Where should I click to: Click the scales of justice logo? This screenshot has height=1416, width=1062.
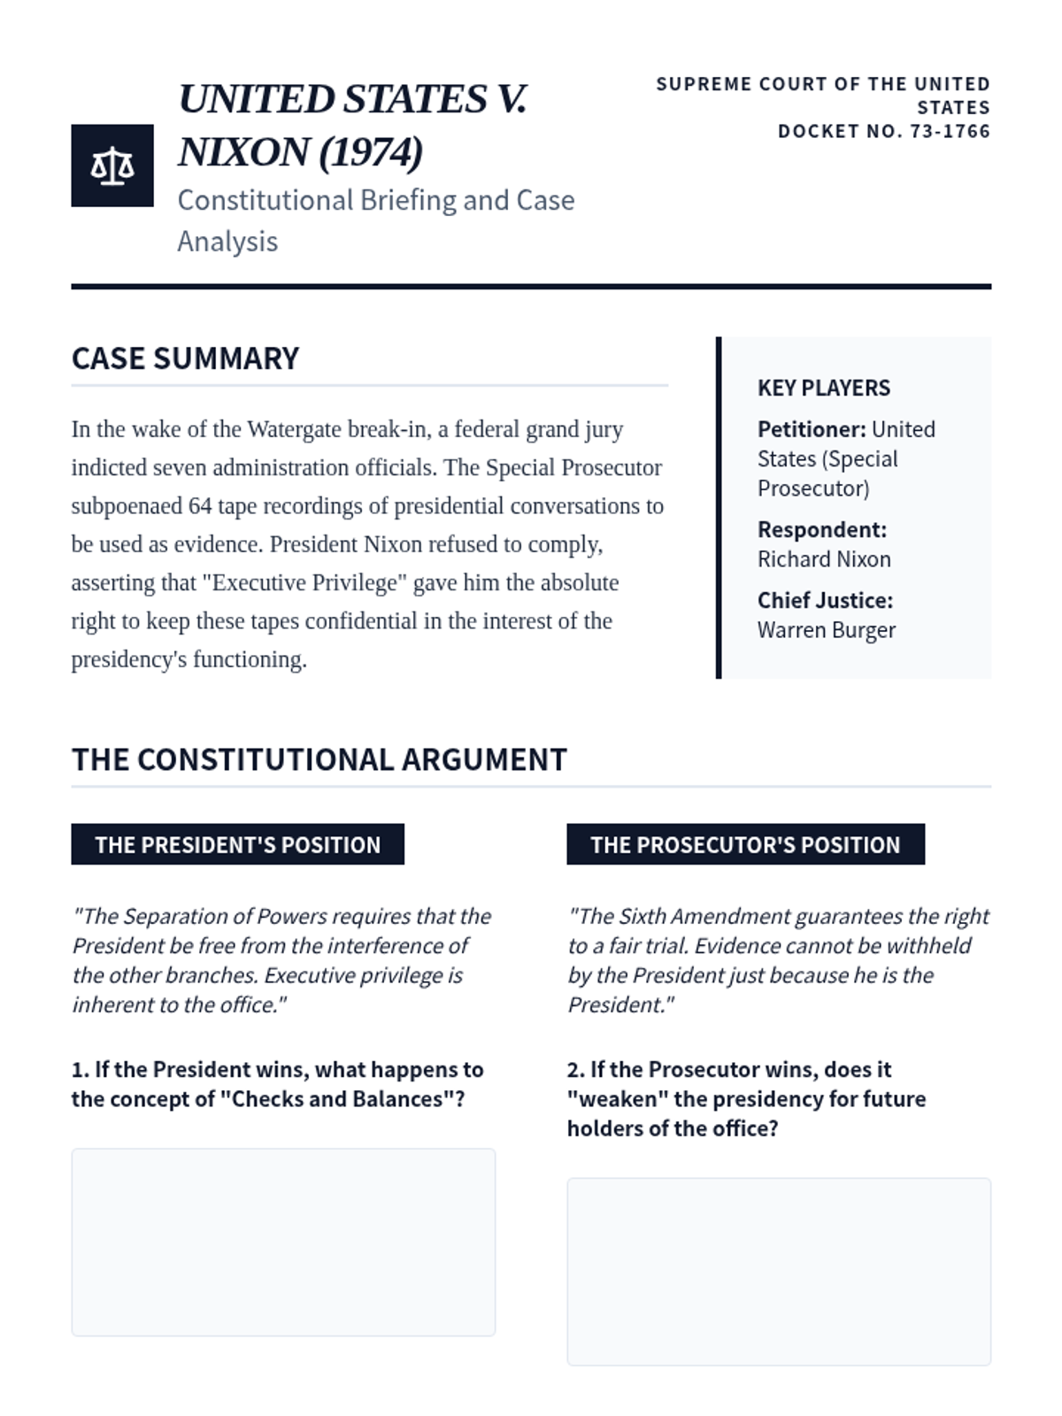coord(112,165)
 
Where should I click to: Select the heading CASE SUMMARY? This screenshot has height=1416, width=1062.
coord(185,358)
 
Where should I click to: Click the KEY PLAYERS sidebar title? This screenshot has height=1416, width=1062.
coord(823,388)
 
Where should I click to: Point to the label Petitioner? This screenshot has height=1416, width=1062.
coord(811,429)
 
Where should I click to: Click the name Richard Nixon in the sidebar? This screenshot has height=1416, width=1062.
coord(823,559)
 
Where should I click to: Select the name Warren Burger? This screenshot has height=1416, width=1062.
coord(826,630)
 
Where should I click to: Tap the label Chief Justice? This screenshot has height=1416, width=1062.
coord(824,600)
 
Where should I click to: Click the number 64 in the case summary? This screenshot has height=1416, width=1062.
coord(199,506)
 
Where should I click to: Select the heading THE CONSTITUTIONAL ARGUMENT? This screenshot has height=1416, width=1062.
coord(319,759)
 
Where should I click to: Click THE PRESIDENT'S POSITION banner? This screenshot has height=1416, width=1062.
coord(237,844)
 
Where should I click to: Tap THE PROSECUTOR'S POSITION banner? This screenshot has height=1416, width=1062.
coord(745,844)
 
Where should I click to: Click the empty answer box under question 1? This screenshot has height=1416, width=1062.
coord(283,1242)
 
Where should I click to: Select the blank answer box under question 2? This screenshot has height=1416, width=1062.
coord(779,1271)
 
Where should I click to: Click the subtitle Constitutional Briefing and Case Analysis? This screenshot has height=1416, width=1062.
coord(375,220)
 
